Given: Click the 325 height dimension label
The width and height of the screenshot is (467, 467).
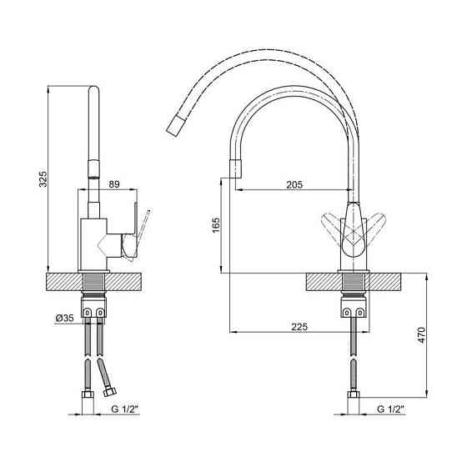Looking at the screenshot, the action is click(x=43, y=178).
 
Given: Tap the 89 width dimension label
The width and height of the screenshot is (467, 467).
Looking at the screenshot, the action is click(x=114, y=184).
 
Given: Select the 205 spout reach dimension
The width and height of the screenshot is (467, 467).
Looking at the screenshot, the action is click(x=294, y=184).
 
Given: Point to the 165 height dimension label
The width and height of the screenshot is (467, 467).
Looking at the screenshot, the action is click(x=216, y=225).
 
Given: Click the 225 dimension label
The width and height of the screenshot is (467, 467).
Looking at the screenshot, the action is click(x=299, y=327).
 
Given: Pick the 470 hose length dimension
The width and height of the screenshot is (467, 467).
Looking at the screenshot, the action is click(x=422, y=335).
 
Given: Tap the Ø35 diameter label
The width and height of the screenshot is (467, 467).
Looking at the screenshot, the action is click(x=64, y=318).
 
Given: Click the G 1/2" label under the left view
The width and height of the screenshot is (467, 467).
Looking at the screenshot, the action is click(x=125, y=409).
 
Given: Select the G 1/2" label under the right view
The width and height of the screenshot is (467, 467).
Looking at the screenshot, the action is click(x=391, y=409).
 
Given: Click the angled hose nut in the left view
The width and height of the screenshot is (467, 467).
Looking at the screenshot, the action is click(x=110, y=391).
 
